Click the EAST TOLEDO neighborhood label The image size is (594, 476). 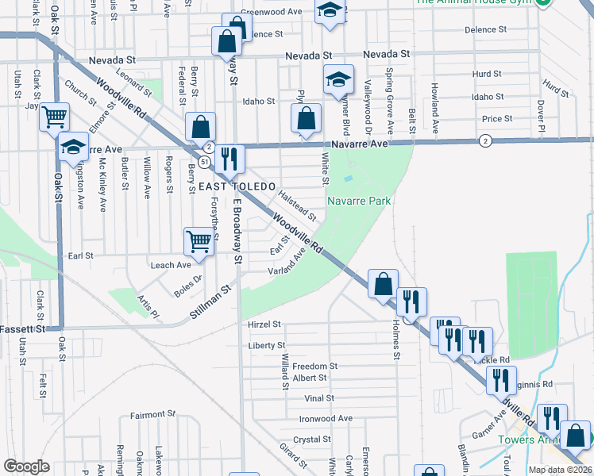(x=229, y=186)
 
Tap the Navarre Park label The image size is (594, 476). (x=359, y=202)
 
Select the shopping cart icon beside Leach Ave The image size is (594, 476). (x=199, y=240)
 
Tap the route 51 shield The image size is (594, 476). (x=204, y=162)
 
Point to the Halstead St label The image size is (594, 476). (x=297, y=205)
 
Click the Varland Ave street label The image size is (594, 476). (x=287, y=263)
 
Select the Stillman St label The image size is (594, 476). (x=210, y=303)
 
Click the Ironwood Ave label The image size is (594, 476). (x=326, y=418)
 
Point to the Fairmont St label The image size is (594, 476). (x=152, y=414)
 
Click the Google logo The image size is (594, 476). (x=26, y=466)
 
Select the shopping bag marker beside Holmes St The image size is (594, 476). (x=383, y=283)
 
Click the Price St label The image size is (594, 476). (x=497, y=119)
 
